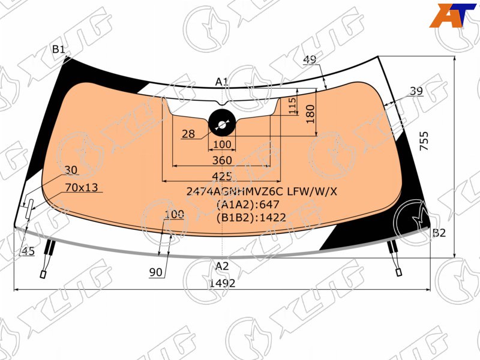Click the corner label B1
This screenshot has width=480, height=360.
coord(58,49)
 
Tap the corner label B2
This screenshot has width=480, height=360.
coord(439,233)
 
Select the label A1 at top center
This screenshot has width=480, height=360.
coord(221,82)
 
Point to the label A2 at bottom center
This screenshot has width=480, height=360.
coord(222,266)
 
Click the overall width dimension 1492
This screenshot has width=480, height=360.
coord(222,283)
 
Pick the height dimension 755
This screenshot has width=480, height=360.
coord(424,141)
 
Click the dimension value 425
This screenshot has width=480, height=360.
coord(222,176)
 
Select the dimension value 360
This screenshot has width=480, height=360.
coord(222,160)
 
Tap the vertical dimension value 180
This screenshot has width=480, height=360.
coord(310,114)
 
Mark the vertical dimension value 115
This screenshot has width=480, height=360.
coord(292,106)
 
